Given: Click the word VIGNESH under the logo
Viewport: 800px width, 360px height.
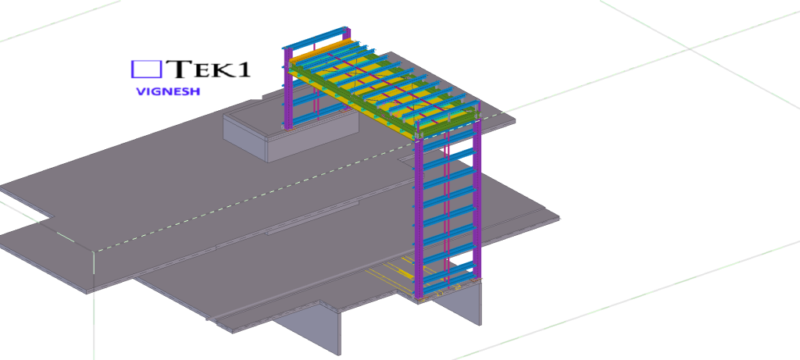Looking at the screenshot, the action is tap(168, 92).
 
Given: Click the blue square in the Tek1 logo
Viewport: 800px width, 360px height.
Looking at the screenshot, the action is tap(146, 70).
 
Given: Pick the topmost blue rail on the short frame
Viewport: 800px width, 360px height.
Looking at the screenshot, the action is tap(316, 37).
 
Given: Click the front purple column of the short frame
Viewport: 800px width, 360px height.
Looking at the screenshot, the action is tap(288, 89).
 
